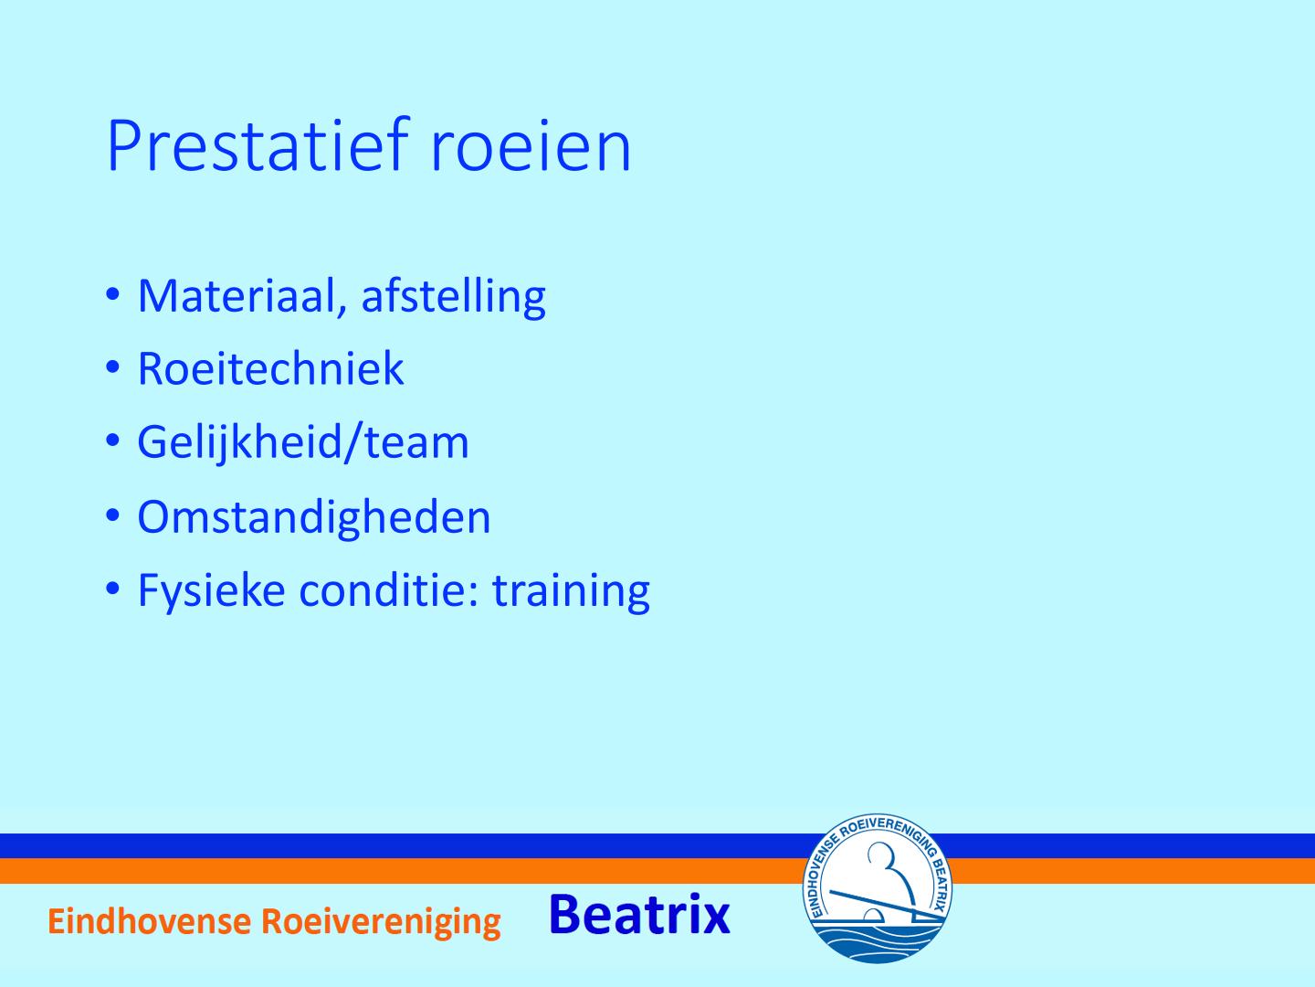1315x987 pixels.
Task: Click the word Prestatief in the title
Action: tap(258, 144)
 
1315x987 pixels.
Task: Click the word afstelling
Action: tap(454, 295)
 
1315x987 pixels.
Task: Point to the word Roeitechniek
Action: tap(271, 367)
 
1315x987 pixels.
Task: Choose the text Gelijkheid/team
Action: tap(302, 442)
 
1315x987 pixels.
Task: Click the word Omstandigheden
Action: tap(314, 516)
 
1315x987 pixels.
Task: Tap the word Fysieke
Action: tap(212, 591)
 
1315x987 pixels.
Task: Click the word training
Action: tap(571, 591)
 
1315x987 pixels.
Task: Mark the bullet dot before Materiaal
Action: tap(112, 295)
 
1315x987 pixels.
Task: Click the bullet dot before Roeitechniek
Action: tap(112, 367)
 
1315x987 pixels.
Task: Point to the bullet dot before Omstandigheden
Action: tap(112, 515)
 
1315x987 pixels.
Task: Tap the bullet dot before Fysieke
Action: tap(112, 589)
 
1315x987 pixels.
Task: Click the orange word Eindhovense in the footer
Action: tap(149, 921)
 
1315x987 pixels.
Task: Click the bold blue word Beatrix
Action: tap(640, 915)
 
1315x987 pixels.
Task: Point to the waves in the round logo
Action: tap(877, 938)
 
